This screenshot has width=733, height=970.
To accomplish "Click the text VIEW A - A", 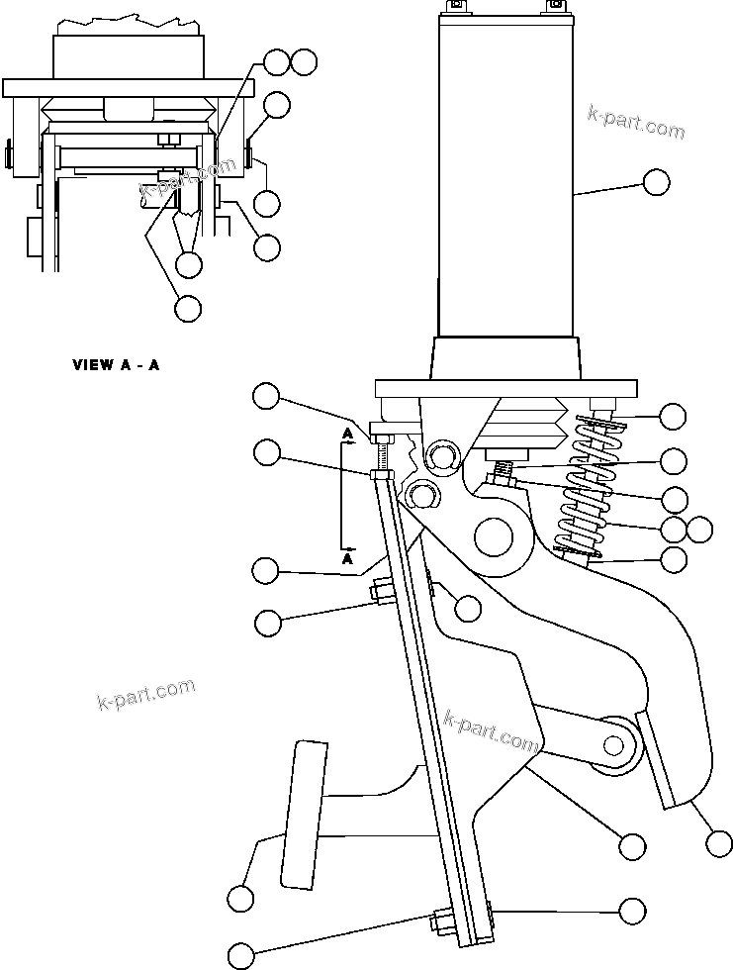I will point(116,364).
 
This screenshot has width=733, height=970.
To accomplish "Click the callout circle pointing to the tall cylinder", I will point(655,182).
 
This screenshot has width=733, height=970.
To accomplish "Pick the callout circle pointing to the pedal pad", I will point(239,899).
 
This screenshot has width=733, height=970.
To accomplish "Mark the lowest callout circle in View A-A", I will point(187,308).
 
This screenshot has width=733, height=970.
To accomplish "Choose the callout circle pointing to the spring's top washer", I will point(673,417).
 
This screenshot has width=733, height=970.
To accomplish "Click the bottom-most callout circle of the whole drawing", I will point(241,955).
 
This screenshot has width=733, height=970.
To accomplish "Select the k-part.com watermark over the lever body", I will point(491,730).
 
